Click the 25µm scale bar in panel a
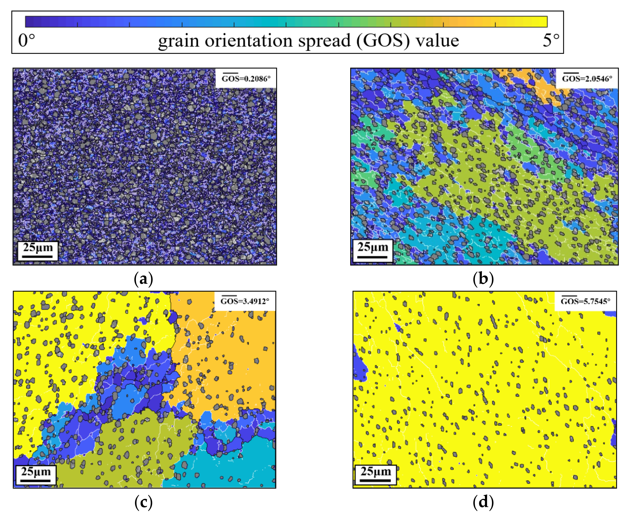(x=38, y=251)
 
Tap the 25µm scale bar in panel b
(x=372, y=251)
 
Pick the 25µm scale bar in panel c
(x=36, y=474)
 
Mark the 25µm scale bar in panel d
(x=376, y=474)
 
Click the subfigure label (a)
(x=143, y=279)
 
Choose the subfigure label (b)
(x=483, y=279)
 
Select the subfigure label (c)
(x=143, y=502)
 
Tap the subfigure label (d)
(x=483, y=502)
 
